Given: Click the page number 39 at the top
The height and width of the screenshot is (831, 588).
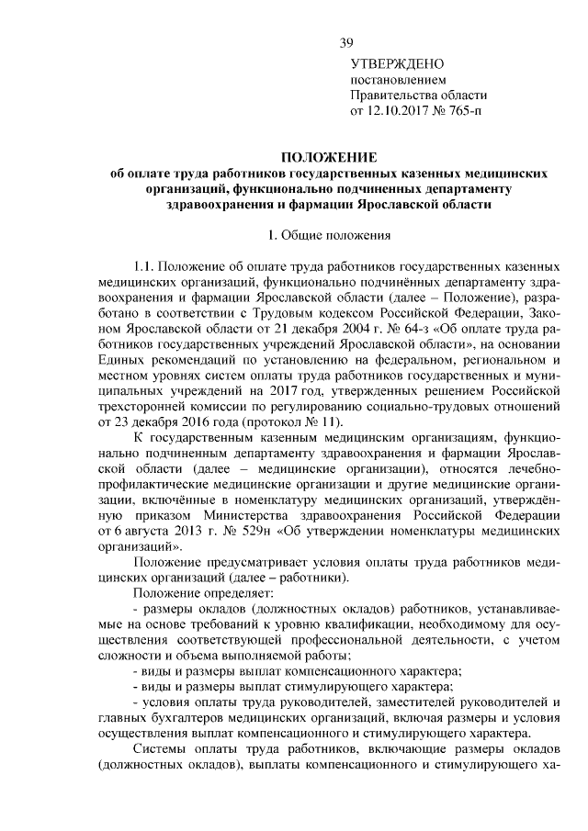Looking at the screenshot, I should [x=346, y=43].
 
